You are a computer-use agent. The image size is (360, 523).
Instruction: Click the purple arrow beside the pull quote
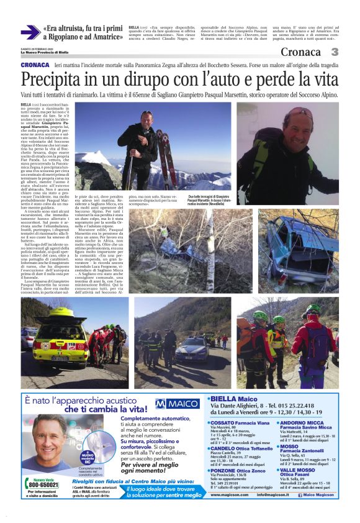click(30, 32)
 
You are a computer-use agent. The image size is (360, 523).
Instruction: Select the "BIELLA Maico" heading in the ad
click(233, 399)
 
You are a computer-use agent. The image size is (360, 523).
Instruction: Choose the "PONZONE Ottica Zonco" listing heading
click(233, 471)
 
